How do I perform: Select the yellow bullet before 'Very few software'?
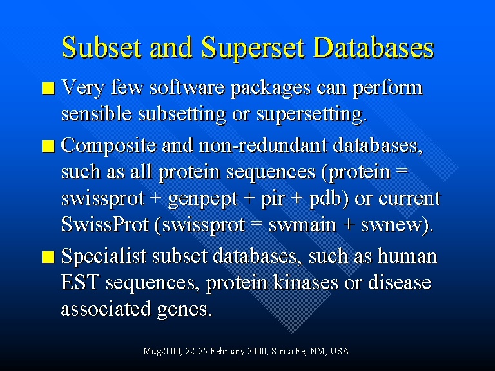click(x=48, y=88)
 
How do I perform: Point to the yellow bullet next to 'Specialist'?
click(x=48, y=258)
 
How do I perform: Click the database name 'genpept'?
click(x=203, y=199)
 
